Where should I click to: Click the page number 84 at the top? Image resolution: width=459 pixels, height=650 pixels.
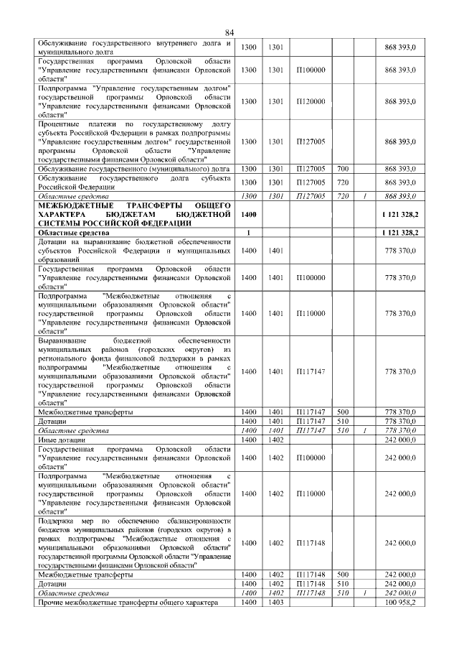[229, 32]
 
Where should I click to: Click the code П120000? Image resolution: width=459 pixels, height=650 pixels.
[311, 101]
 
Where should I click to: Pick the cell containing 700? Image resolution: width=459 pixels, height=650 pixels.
[342, 168]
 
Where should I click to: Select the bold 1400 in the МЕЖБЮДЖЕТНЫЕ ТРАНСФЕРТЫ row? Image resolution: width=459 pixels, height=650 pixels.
[249, 214]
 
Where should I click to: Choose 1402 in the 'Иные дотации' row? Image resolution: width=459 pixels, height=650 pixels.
[275, 439]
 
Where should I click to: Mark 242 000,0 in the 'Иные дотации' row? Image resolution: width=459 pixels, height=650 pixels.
[400, 439]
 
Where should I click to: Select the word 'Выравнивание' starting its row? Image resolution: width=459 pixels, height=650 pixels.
[62, 340]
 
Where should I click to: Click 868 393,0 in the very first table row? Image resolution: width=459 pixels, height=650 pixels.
[400, 47]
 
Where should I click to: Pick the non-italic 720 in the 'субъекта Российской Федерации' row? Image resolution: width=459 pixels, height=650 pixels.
[342, 182]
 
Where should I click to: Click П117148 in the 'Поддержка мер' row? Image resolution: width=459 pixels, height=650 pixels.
[311, 543]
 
